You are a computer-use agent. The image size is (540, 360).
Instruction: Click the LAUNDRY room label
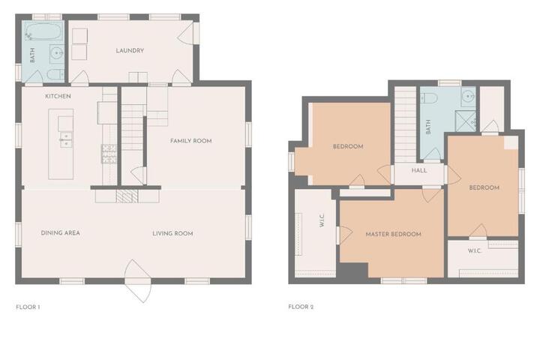coord(130,51)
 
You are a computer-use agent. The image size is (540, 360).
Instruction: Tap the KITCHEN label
coord(58,96)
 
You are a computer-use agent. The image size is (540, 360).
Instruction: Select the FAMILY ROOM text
coord(190,140)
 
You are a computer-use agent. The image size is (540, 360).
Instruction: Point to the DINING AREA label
coord(60,233)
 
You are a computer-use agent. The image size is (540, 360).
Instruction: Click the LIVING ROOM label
coord(172,233)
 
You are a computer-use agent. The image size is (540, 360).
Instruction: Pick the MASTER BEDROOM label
coord(393,234)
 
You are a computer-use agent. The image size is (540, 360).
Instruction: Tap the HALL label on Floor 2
coord(419,170)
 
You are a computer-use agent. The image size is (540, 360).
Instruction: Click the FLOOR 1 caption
coord(28,307)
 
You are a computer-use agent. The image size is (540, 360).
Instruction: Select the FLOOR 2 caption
coord(301,307)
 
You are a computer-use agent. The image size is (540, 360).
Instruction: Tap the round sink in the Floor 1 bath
coord(56,53)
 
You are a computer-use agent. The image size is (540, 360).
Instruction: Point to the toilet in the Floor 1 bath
coord(55,74)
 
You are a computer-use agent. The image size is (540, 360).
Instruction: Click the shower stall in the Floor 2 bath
coord(466,121)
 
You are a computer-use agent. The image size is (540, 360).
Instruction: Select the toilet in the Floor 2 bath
coord(429,98)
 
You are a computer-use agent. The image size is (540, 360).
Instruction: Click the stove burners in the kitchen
coord(109,154)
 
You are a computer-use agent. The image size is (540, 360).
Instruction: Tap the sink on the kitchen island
coord(66,139)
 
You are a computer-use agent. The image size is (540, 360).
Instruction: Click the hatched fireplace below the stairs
coord(127,196)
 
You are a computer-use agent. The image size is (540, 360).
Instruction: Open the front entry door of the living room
coord(138,280)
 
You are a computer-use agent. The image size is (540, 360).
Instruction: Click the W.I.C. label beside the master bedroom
coord(322,220)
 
